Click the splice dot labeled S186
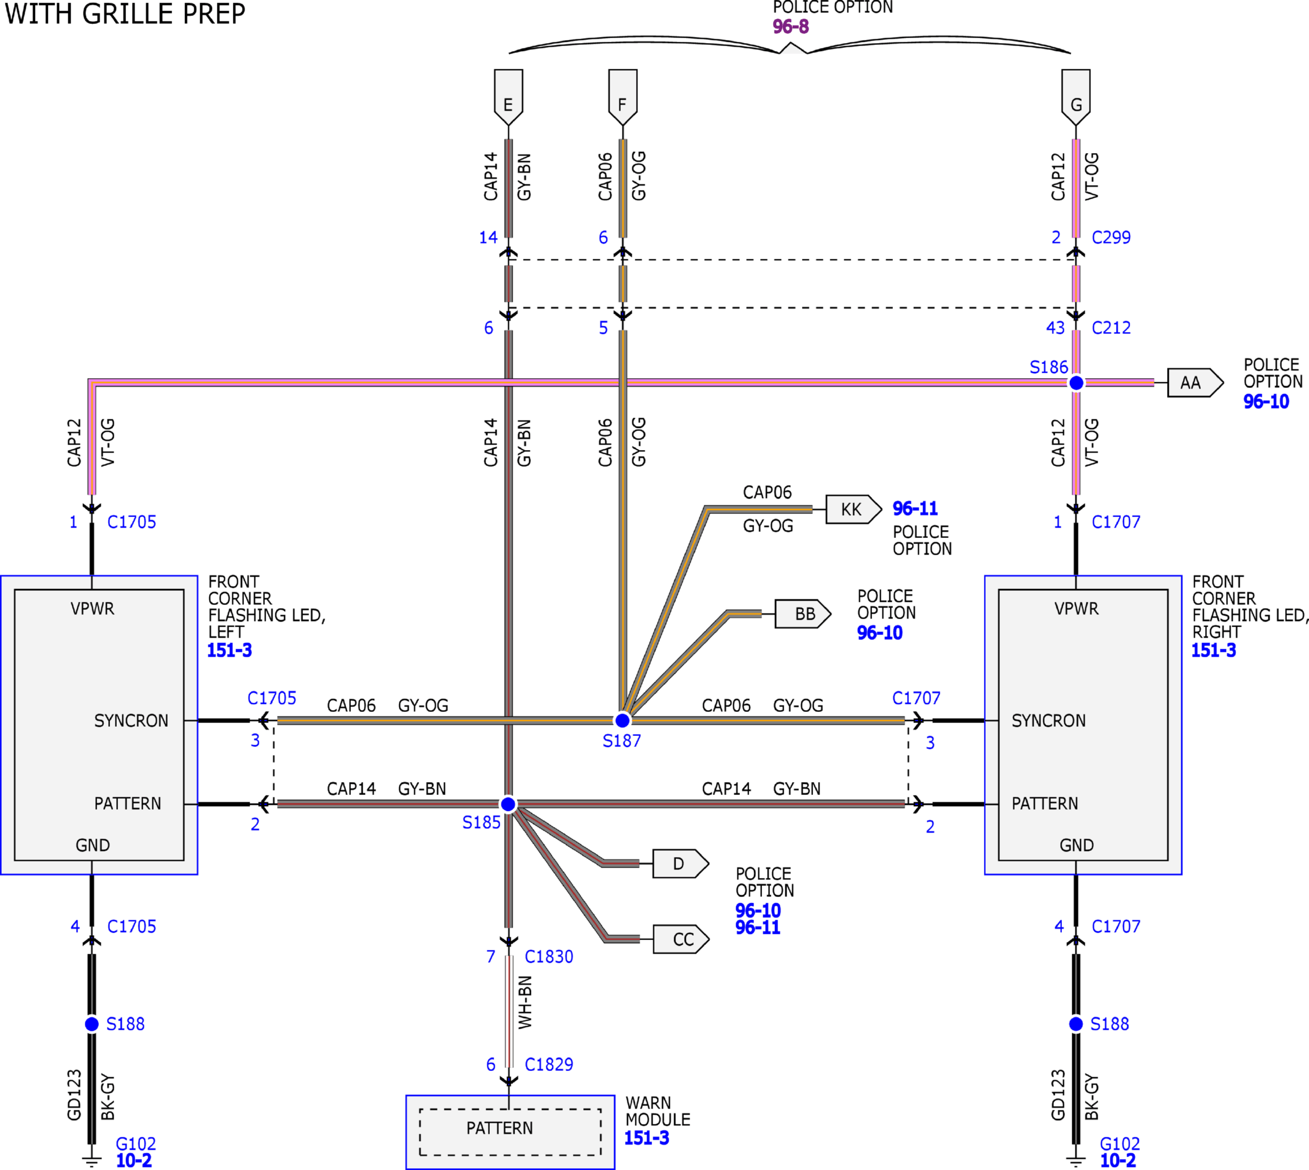tap(1075, 382)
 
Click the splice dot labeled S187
tap(622, 720)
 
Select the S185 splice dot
tap(508, 804)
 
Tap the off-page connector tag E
tap(508, 97)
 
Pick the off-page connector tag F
tap(622, 97)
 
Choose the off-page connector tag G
tap(1075, 97)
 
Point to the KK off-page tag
tap(854, 509)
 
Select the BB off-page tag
tap(803, 614)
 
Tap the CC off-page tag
tap(681, 939)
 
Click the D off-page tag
tap(681, 863)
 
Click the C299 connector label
tap(1111, 237)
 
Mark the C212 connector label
tap(1111, 327)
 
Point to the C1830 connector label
tap(549, 957)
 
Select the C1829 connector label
tap(549, 1065)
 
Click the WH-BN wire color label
tap(525, 1002)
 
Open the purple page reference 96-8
tap(790, 26)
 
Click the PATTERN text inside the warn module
tap(499, 1128)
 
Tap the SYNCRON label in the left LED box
tap(131, 721)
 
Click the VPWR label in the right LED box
tap(1076, 608)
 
